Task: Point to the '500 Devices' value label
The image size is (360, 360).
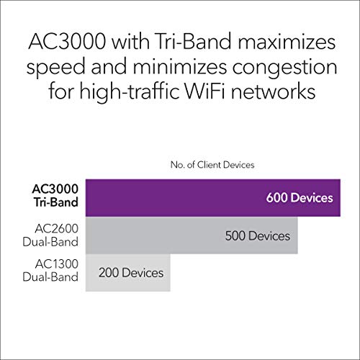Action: tap(257, 235)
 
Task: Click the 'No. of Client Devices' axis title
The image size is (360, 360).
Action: tap(212, 165)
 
